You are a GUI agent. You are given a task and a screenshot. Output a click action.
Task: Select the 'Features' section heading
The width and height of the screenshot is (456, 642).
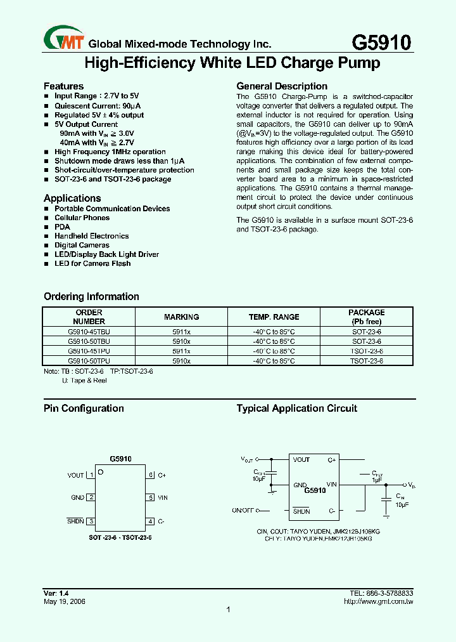(63, 86)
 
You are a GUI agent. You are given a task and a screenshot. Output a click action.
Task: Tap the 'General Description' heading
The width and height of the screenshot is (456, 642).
(282, 86)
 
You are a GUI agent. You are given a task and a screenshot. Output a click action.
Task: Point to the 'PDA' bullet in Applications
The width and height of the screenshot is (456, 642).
(62, 226)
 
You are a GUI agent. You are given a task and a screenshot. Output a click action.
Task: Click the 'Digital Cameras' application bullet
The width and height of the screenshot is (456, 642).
(82, 245)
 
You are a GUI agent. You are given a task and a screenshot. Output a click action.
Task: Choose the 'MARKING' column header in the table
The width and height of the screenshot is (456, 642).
(181, 317)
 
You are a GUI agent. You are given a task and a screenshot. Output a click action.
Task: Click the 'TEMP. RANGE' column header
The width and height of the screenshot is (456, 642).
(274, 317)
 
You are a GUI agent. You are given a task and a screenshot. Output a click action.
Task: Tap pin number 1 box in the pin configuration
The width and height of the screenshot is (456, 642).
(91, 475)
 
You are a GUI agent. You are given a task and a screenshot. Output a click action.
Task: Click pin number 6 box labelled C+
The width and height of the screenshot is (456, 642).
(151, 475)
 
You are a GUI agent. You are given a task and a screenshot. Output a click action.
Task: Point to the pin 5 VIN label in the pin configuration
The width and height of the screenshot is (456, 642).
(163, 498)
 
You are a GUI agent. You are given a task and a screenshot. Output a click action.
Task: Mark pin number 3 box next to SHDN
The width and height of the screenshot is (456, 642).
(91, 521)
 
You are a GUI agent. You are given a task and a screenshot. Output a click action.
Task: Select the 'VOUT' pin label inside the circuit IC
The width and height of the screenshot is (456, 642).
(301, 460)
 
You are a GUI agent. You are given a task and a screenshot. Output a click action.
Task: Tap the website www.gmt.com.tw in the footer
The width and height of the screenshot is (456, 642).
(386, 601)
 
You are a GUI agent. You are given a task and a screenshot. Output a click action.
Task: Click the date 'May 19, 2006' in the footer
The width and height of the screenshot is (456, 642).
(64, 601)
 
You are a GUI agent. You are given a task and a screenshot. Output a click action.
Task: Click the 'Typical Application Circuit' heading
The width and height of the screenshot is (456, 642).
(296, 409)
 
